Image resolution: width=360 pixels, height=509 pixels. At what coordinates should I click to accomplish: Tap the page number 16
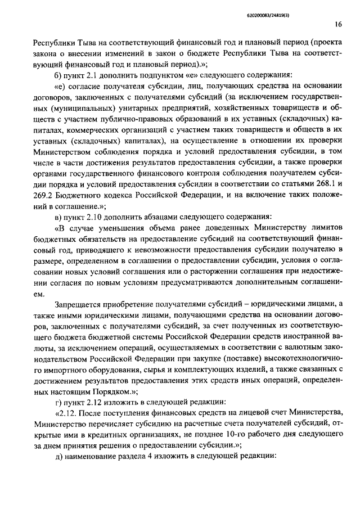click(337, 24)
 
